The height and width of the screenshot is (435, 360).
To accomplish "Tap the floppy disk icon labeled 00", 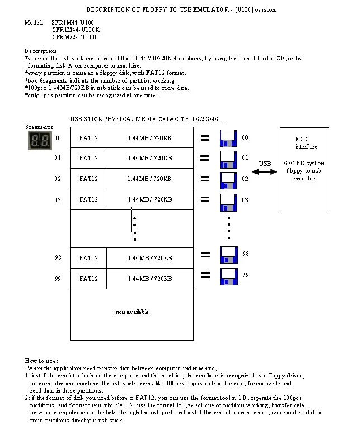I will (x=228, y=138).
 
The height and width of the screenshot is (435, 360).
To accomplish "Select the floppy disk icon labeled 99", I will (x=228, y=276).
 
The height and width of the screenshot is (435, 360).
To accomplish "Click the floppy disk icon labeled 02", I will (x=228, y=180).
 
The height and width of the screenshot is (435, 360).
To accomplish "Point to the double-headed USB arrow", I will (x=265, y=172).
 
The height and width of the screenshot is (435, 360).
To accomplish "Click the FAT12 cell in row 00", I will (x=88, y=137).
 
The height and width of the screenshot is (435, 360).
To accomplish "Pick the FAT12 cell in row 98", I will (x=88, y=258).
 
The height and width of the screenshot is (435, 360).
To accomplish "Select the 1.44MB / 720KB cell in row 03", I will (x=149, y=199).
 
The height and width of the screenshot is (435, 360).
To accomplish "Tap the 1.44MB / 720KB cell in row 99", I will (x=149, y=279).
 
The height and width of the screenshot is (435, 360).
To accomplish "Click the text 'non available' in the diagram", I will (x=132, y=312).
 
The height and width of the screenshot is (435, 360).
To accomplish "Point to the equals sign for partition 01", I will (x=205, y=159).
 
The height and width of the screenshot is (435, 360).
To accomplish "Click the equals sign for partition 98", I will (x=205, y=256).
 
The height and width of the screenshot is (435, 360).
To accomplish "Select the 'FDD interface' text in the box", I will (x=306, y=143).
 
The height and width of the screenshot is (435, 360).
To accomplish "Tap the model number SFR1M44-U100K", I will (x=76, y=30).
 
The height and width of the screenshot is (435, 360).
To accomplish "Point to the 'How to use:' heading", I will (x=41, y=361).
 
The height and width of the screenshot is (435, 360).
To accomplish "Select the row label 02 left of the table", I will (x=58, y=179).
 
